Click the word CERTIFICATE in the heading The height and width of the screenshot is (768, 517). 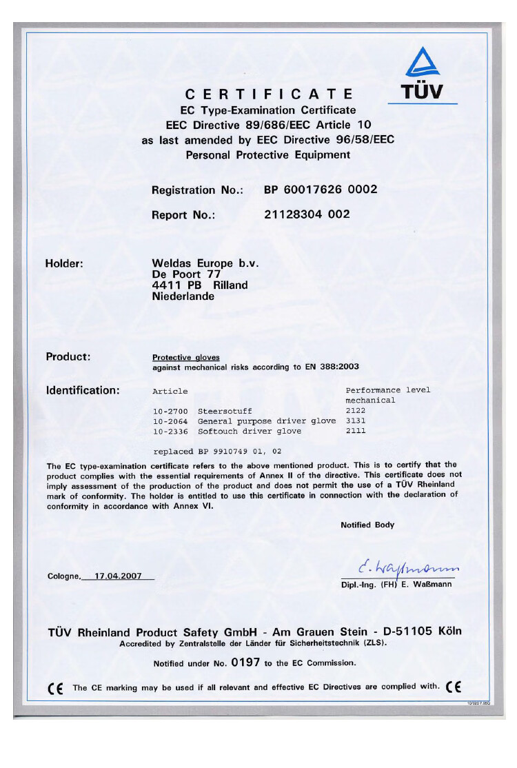tap(270, 94)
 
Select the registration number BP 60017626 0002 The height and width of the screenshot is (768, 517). tap(321, 190)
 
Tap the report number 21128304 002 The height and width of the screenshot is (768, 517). tap(307, 214)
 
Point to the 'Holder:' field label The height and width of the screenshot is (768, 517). tap(64, 263)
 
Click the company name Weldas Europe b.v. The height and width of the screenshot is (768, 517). tap(205, 263)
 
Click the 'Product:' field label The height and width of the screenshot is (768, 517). tap(68, 356)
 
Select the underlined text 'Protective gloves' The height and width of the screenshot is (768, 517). tap(185, 358)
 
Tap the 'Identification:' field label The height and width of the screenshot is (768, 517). tap(83, 390)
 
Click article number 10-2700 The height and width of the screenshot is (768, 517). tap(170, 411)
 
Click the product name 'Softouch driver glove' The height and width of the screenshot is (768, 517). tap(250, 431)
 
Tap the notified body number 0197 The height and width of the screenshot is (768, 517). tap(245, 663)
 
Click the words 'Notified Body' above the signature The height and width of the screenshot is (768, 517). tap(367, 525)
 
